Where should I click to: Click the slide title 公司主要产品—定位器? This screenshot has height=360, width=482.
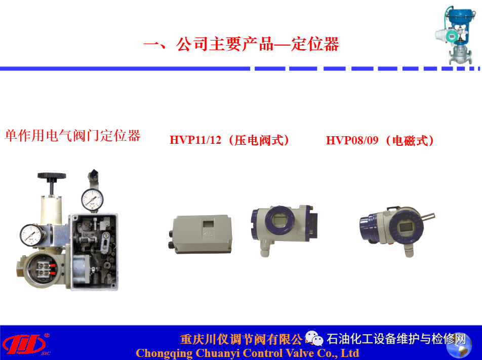pos(242,44)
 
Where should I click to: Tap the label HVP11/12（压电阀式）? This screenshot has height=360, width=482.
pos(229,140)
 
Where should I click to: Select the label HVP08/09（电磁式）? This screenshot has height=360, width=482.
pos(380,140)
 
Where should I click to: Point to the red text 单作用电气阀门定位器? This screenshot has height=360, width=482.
pos(72,136)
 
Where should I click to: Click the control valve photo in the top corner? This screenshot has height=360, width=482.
pos(455,35)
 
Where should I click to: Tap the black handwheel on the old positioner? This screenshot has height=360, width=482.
pos(52,176)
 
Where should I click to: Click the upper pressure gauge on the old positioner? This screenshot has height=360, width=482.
pos(92,199)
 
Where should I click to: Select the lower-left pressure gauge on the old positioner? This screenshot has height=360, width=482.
pos(31,235)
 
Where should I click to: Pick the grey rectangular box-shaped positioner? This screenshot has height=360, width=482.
pos(202,234)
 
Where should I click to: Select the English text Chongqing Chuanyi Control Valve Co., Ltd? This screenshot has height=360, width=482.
pos(248,353)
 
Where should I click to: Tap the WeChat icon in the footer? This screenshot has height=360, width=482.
pos(314,338)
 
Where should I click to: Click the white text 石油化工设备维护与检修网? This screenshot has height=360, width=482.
pos(396,339)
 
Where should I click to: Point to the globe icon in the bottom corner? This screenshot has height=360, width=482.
pos(459,346)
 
